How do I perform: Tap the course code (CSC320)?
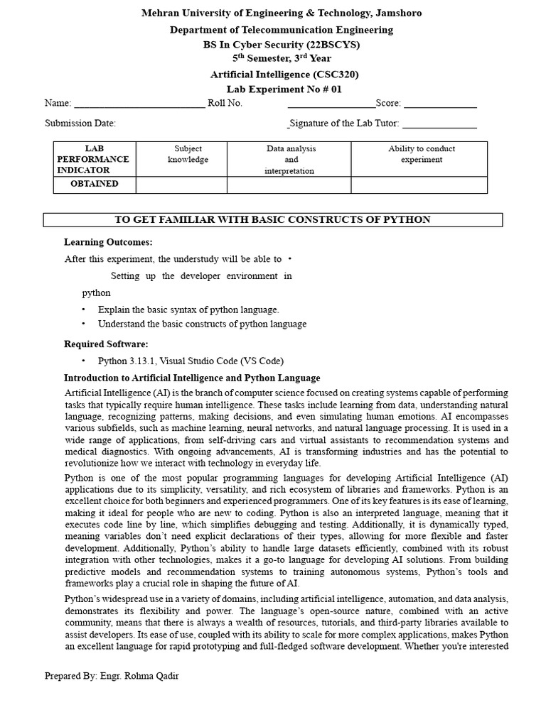[x=335, y=74]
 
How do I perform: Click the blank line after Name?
[x=139, y=104]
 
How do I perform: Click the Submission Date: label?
[x=80, y=123]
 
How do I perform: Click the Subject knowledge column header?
[x=188, y=154]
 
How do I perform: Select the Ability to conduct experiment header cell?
[x=422, y=154]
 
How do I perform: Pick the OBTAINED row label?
[x=94, y=184]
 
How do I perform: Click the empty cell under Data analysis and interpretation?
[x=289, y=185]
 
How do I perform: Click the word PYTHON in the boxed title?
[x=406, y=219]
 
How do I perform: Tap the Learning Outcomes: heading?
[x=108, y=242]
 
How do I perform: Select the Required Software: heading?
[x=106, y=344]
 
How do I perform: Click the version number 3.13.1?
[x=144, y=361]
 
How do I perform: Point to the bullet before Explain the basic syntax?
[x=83, y=310]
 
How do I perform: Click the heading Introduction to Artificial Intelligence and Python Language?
[x=192, y=378]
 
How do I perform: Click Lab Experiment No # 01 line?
[x=284, y=89]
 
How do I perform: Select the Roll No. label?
[x=225, y=104]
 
